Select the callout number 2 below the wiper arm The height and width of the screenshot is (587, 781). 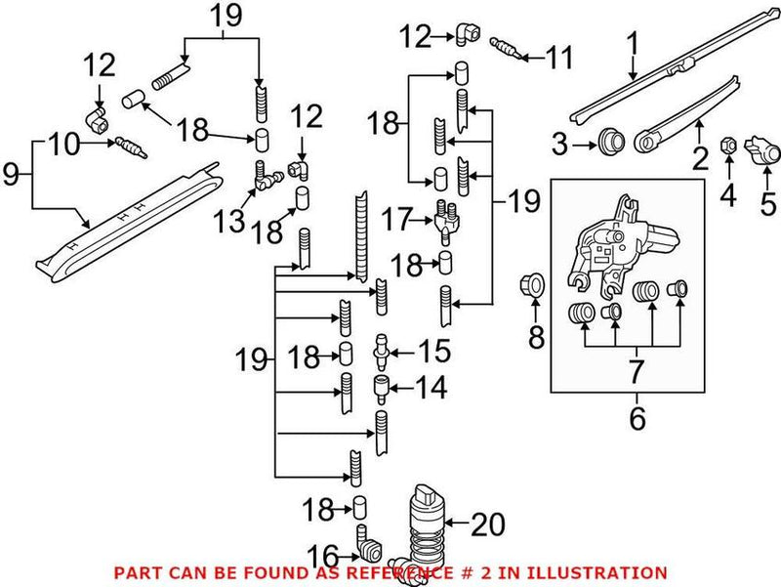[700, 157]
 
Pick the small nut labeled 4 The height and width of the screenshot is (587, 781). [726, 147]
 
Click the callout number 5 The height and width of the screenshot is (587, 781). [768, 204]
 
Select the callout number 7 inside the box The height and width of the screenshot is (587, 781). [637, 370]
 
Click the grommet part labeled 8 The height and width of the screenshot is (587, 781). [534, 285]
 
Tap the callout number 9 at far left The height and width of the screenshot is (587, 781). [12, 175]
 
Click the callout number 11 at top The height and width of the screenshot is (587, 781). [558, 59]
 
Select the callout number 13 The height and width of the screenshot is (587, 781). [230, 220]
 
